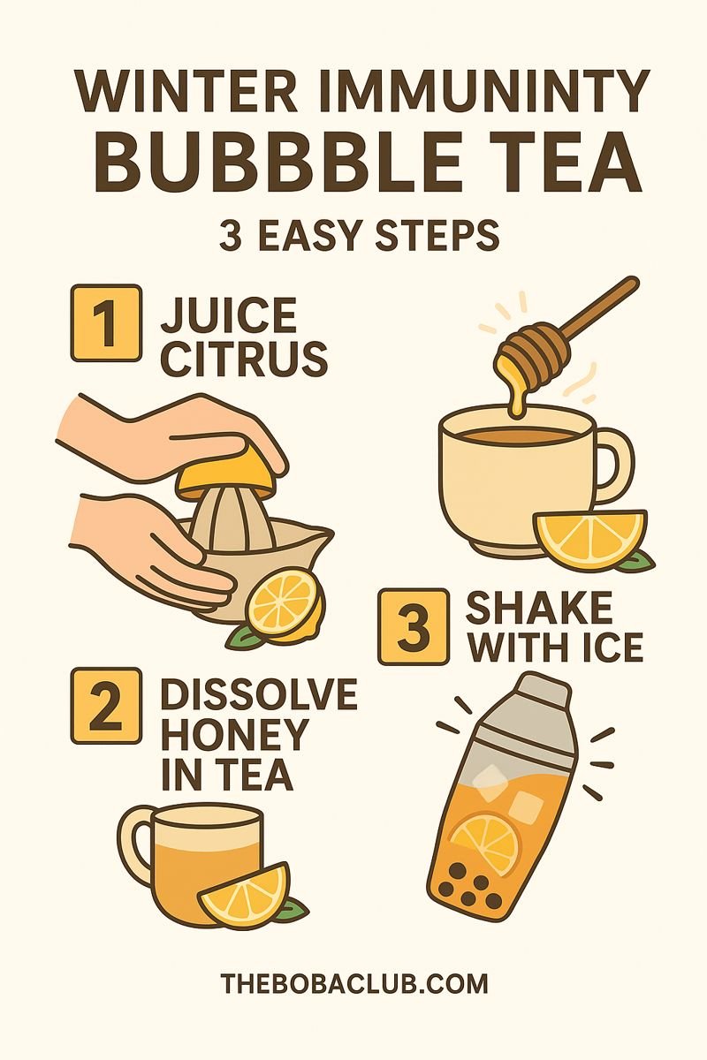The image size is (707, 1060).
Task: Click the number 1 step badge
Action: click(106, 323)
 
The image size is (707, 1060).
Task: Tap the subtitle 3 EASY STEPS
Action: click(359, 236)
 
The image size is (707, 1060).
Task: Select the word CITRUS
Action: click(244, 359)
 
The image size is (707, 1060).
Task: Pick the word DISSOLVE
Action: click(258, 696)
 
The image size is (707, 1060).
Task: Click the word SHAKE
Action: click(539, 609)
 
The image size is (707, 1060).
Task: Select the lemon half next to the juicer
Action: click(283, 602)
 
